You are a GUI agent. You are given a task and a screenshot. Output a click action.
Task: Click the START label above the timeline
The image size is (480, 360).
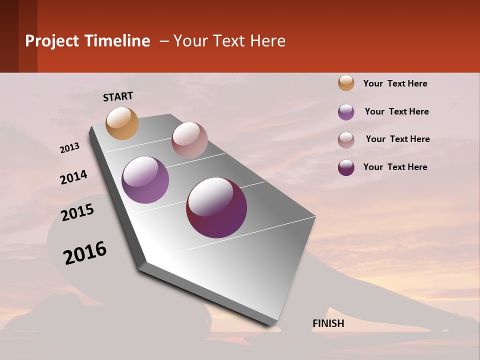pyautogui.click(x=118, y=96)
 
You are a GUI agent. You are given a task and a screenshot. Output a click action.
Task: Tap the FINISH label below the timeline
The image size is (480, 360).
pyautogui.click(x=328, y=323)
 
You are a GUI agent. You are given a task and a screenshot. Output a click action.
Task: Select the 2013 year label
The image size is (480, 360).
pyautogui.click(x=70, y=148)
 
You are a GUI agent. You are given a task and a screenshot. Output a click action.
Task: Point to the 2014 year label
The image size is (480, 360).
pyautogui.click(x=73, y=177)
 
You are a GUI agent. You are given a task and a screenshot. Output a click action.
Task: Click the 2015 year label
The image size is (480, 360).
pyautogui.click(x=77, y=212)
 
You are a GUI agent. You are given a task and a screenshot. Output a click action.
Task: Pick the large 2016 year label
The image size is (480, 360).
pyautogui.click(x=85, y=253)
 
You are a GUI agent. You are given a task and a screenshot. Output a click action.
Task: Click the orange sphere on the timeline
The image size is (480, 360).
pyautogui.click(x=122, y=123)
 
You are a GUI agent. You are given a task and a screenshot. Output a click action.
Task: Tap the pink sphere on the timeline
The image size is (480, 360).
pyautogui.click(x=189, y=140)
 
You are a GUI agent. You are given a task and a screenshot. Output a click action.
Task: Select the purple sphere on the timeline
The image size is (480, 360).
pyautogui.click(x=145, y=180)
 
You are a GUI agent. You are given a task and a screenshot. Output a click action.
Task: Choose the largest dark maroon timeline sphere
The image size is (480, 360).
pyautogui.click(x=216, y=207)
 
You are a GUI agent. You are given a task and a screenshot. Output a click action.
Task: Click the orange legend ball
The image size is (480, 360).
pyautogui.click(x=346, y=83)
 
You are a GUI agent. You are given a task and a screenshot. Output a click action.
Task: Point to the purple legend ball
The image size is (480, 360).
pyautogui.click(x=346, y=112)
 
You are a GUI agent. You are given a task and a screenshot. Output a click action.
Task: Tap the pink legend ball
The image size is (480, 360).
pyautogui.click(x=346, y=140)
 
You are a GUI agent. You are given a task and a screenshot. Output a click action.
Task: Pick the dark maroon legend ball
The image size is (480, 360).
pyautogui.click(x=346, y=167)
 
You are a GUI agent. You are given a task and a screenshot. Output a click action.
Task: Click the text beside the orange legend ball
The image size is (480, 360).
pyautogui.click(x=395, y=83)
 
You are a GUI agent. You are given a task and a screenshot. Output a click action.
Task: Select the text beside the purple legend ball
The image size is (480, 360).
pyautogui.click(x=396, y=111)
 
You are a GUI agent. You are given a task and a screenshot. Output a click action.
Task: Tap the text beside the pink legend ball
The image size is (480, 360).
pyautogui.click(x=397, y=139)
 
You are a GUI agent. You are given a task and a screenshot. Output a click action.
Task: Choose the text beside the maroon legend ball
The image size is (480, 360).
pyautogui.click(x=395, y=167)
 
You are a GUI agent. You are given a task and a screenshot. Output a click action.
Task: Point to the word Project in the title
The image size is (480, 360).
pyautogui.click(x=51, y=41)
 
